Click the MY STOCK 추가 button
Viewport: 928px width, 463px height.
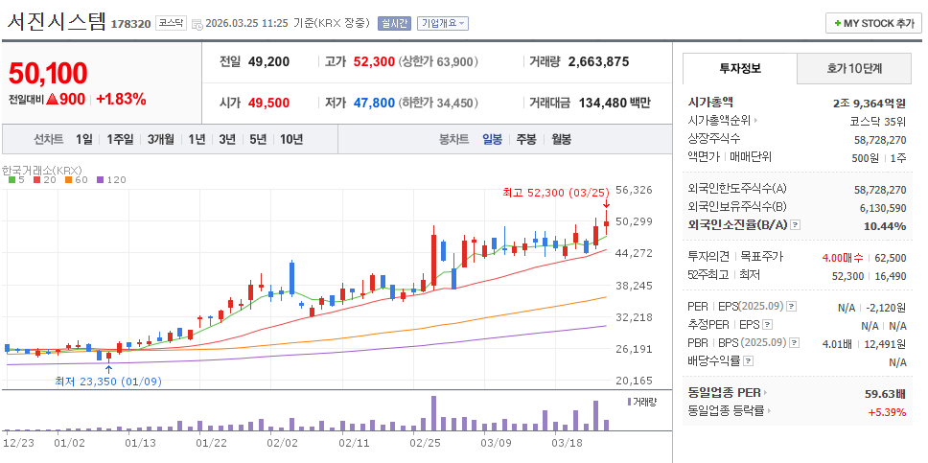(871, 23)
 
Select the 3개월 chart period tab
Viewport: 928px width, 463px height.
(161, 139)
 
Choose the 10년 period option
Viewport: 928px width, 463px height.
(291, 139)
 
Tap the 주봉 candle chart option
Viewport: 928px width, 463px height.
(526, 139)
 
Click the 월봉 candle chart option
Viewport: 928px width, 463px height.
(561, 139)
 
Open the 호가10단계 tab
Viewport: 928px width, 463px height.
(855, 68)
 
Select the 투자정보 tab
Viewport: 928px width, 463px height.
(739, 68)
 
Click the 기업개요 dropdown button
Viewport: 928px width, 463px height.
(442, 23)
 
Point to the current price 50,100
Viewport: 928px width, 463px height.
(48, 73)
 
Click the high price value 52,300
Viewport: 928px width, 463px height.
(374, 61)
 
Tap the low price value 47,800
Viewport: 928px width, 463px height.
(374, 103)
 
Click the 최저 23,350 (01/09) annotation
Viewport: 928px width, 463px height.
(107, 381)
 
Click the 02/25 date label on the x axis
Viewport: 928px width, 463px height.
(425, 443)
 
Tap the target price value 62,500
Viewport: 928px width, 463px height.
(891, 257)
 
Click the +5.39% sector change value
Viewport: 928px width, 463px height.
(888, 411)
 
